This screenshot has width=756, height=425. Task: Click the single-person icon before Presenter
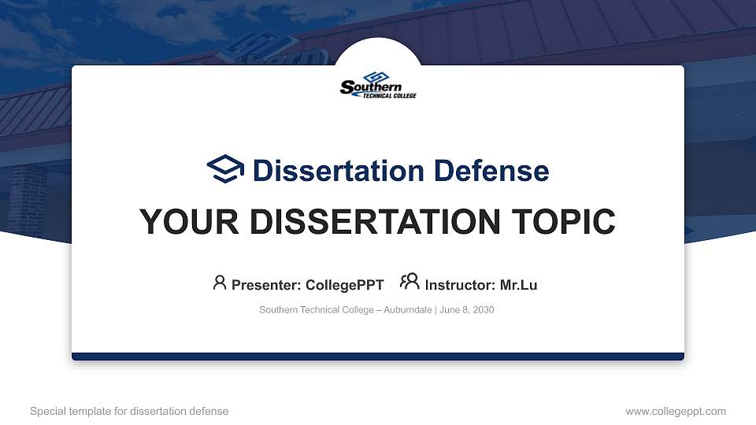click(220, 283)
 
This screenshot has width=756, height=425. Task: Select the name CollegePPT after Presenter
click(344, 285)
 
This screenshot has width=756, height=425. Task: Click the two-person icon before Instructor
click(409, 283)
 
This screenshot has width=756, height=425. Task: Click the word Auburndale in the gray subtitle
click(407, 310)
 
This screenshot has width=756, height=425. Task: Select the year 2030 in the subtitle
click(483, 310)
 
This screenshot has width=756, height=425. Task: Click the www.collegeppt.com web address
click(676, 411)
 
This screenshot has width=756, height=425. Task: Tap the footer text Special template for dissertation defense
click(129, 411)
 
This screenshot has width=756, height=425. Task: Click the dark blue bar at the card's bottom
click(378, 357)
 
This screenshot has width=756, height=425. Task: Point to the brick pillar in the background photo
click(30, 201)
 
